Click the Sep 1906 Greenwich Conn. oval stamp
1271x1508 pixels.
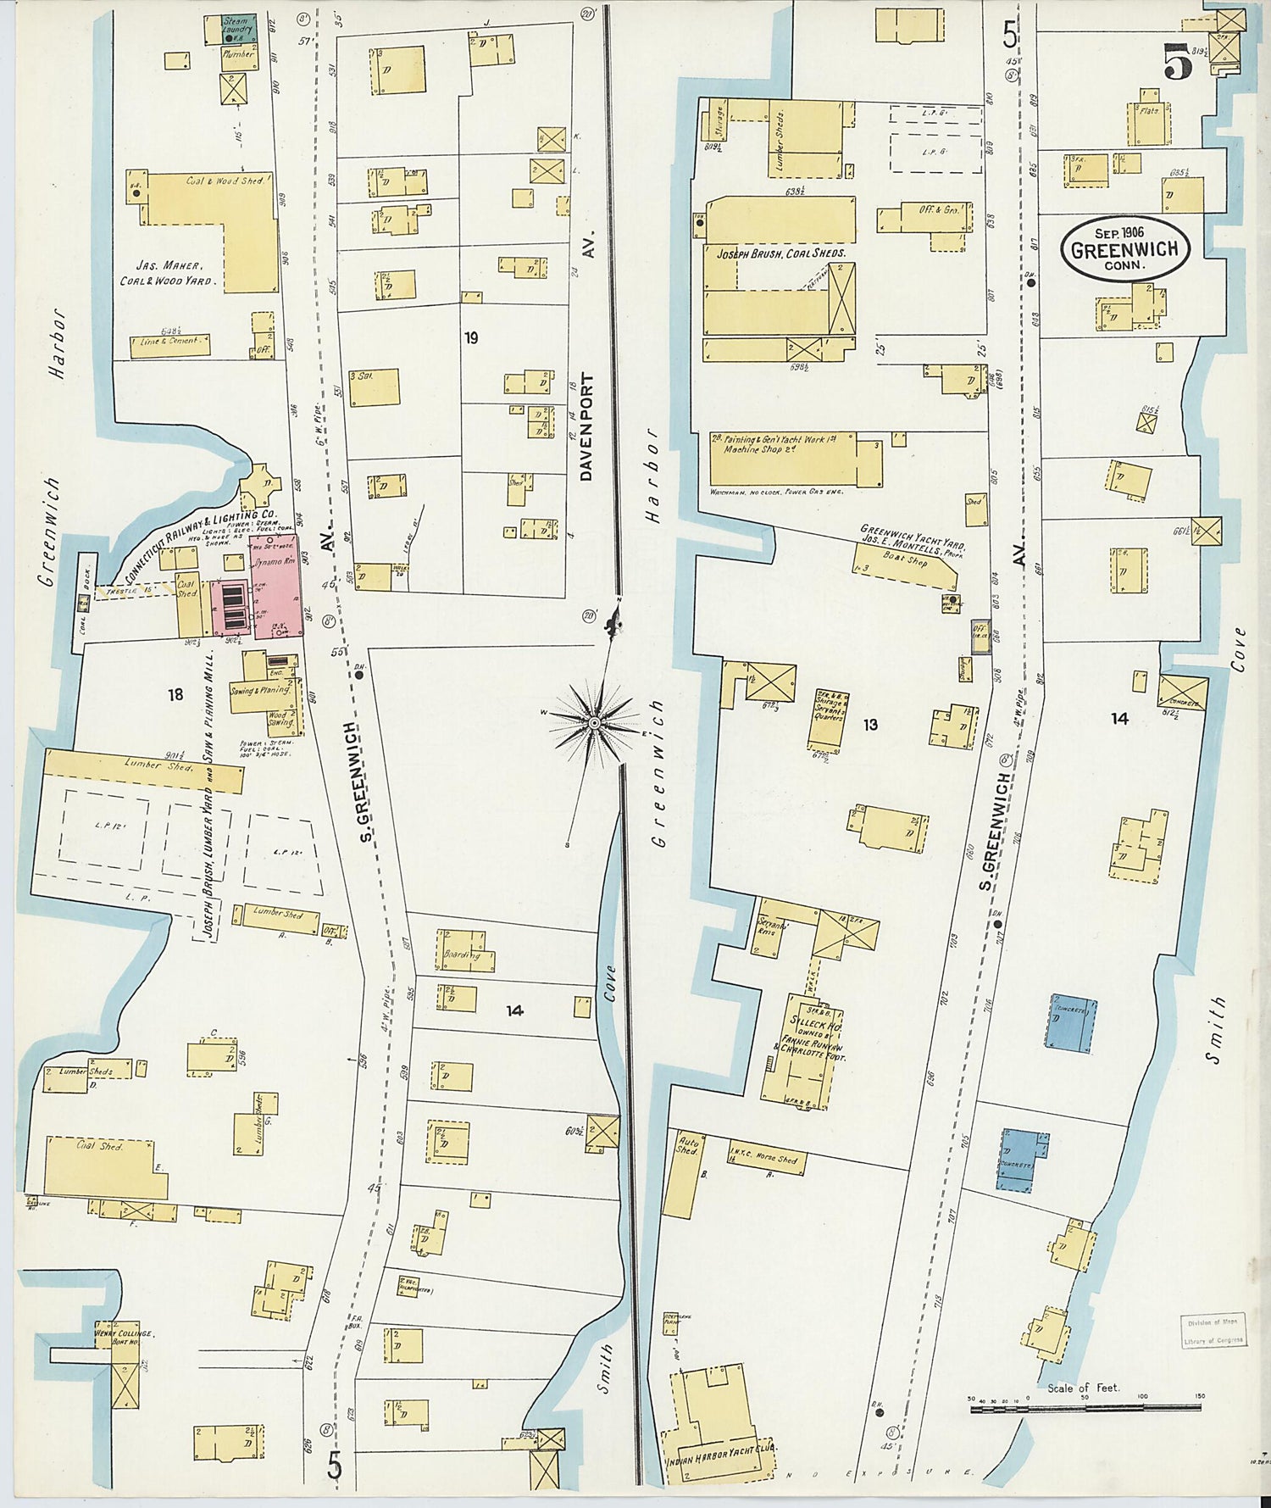[x=1125, y=248]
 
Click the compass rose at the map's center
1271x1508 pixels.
[x=595, y=721]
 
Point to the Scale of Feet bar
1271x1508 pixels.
[x=1085, y=1408]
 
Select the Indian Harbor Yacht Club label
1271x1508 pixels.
[x=722, y=1447]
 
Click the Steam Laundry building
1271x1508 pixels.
[x=235, y=25]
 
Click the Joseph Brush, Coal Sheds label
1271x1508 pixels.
[x=780, y=253]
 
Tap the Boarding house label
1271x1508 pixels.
[x=461, y=954]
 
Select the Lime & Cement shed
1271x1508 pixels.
[x=170, y=343]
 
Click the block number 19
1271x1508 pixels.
[x=471, y=337]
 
